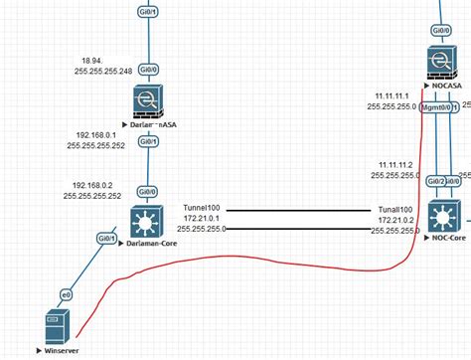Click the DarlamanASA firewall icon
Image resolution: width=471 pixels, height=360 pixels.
(147, 102)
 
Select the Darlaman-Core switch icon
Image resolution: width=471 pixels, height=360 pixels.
(147, 220)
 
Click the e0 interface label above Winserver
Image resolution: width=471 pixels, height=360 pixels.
(67, 295)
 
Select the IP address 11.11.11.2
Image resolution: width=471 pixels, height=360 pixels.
(394, 163)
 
